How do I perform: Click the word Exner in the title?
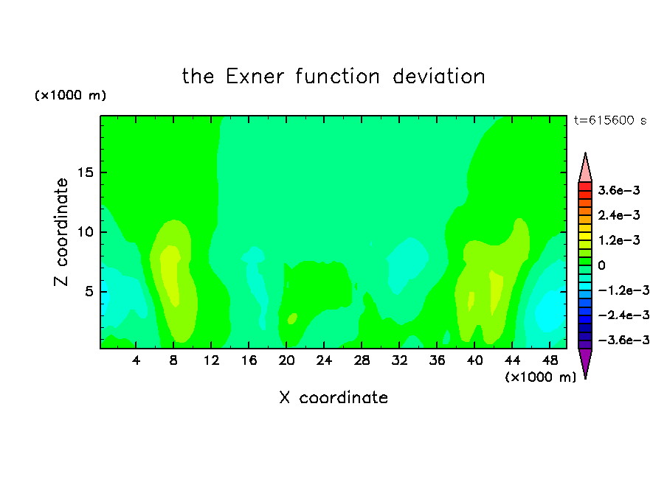point(255,77)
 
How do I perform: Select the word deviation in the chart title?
point(438,77)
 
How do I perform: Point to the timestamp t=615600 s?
point(610,120)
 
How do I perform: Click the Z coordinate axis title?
point(61,232)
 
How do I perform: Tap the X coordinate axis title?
point(334,397)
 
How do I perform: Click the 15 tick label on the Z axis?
point(85,172)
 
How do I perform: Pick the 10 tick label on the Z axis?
point(85,232)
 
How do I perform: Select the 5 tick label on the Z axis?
point(89,292)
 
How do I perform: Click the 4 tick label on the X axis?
point(136,360)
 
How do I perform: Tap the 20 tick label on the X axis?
point(286,360)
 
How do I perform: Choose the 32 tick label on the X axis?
point(399,360)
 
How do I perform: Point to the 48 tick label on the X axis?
point(550,360)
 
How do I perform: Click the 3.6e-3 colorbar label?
point(619,190)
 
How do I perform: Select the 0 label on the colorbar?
point(601,265)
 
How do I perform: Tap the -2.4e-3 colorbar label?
point(623,315)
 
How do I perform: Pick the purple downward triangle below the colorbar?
point(585,361)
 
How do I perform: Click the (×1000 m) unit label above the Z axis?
point(70,95)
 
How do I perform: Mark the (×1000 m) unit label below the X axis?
point(540,377)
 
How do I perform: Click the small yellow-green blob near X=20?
point(292,318)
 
